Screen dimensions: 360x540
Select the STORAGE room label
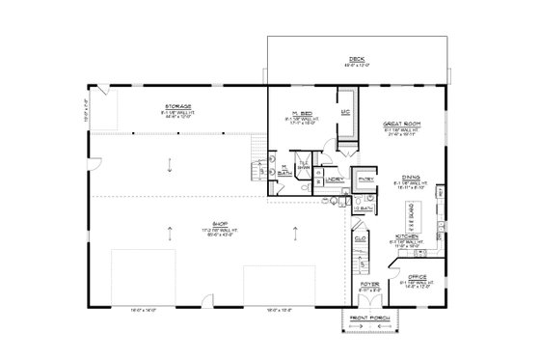(x=177, y=105)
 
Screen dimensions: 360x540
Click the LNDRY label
(x=335, y=180)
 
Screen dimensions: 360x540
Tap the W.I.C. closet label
(x=344, y=113)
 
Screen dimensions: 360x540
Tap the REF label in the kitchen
(x=441, y=193)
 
